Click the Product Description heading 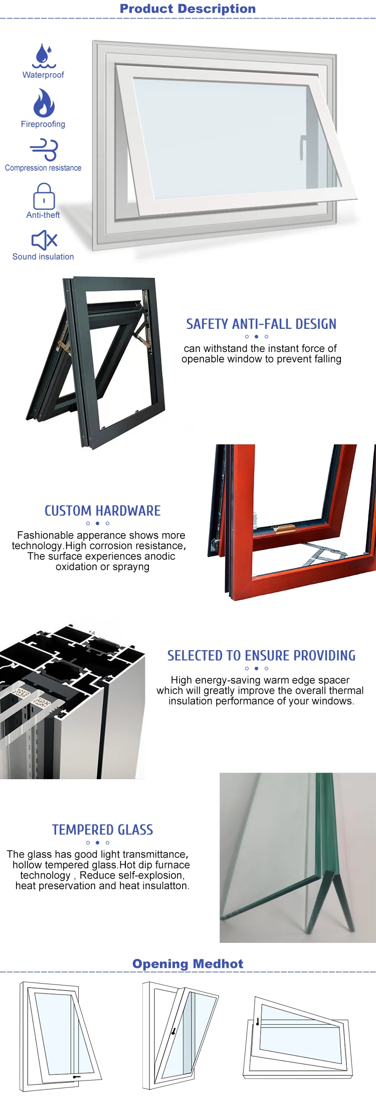[x=187, y=9]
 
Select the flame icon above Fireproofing [x=44, y=103]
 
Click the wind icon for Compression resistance [x=44, y=150]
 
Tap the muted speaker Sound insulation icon [x=44, y=240]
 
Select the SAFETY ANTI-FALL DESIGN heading [x=261, y=324]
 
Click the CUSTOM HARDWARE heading [x=102, y=511]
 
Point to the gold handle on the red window [x=284, y=528]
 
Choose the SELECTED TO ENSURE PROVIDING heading [x=261, y=655]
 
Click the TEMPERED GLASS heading [x=102, y=829]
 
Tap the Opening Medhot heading [x=187, y=963]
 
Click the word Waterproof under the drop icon [x=43, y=75]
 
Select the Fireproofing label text [x=43, y=124]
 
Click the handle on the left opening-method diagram [x=77, y=1076]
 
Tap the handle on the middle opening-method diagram [x=173, y=1031]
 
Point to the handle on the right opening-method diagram [x=258, y=1021]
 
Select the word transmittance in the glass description [x=156, y=854]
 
